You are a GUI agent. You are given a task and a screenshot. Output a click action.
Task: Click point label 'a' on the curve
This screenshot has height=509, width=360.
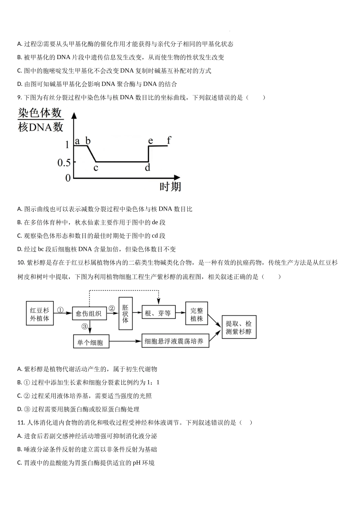77,141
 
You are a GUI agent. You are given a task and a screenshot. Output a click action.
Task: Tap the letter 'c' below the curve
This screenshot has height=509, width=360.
96,168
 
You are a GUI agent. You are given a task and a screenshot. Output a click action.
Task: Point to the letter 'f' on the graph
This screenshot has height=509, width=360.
169,140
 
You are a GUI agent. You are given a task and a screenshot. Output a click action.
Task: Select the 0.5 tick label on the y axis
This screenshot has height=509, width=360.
64,163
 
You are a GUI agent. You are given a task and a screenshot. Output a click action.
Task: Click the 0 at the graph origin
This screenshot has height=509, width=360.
68,178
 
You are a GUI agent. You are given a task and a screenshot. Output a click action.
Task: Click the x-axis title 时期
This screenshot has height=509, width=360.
170,187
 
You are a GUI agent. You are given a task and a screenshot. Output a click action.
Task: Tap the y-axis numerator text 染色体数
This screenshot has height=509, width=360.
40,112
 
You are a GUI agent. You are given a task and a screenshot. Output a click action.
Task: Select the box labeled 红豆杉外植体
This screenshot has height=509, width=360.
40,313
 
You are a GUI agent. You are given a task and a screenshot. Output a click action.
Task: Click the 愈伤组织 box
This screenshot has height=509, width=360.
89,314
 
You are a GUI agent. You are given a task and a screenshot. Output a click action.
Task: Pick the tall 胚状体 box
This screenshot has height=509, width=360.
125,314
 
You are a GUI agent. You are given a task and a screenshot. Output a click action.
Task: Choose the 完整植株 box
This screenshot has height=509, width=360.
197,313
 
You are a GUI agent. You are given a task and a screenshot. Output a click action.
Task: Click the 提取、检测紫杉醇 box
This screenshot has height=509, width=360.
239,327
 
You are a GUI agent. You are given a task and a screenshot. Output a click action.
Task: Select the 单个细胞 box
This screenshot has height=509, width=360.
91,341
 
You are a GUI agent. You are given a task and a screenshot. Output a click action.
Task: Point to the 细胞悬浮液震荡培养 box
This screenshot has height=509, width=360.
175,340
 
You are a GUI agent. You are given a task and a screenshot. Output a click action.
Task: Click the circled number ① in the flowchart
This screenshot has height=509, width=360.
60,310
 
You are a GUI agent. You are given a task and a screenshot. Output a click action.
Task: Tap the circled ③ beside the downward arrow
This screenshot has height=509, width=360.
85,326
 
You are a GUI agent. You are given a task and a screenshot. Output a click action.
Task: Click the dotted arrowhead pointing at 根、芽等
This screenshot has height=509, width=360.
158,302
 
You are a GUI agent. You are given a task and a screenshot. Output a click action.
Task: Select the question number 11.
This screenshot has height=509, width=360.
21,423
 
